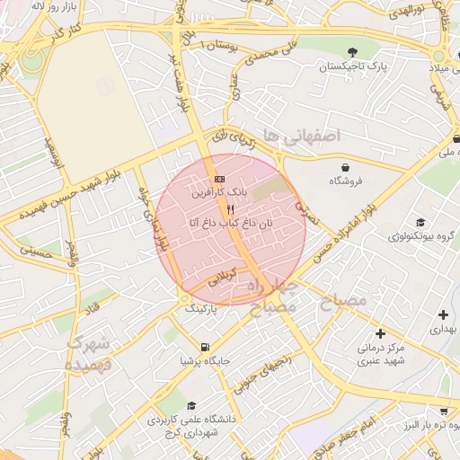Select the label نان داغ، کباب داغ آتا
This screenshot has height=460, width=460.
(x=229, y=222)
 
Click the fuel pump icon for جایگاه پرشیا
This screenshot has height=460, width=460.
(x=206, y=348)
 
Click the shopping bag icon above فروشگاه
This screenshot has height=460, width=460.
(x=345, y=167)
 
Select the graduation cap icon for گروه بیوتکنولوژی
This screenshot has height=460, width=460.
(x=420, y=223)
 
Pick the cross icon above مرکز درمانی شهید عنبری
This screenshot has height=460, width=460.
(x=381, y=333)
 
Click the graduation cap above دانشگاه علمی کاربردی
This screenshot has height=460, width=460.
(x=190, y=406)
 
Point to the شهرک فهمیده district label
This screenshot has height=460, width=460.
(x=87, y=353)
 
